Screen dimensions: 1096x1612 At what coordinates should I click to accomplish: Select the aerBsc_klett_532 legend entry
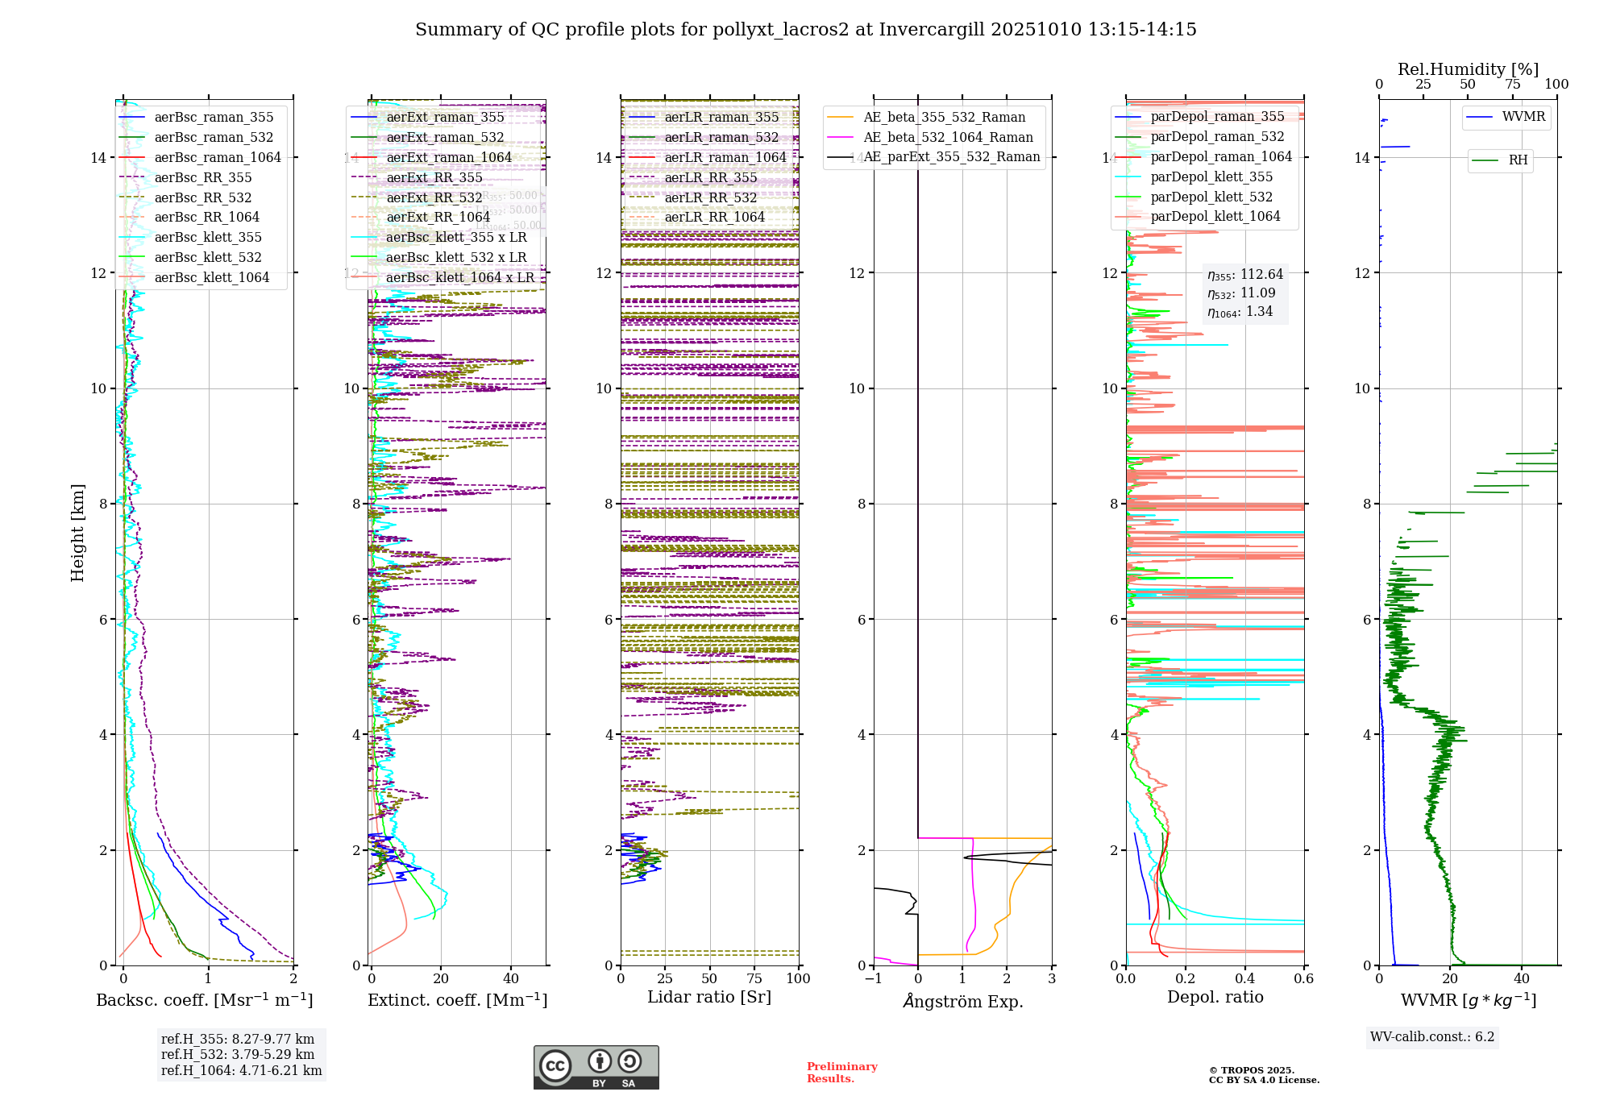point(208,257)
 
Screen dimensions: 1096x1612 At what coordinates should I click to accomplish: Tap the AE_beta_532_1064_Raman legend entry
point(948,137)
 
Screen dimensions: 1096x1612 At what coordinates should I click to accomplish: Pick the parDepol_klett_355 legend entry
point(1211,176)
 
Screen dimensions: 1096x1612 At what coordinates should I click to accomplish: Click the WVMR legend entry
point(1523,117)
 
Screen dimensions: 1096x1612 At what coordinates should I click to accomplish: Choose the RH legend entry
point(1518,160)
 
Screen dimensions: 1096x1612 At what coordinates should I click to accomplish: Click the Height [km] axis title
point(77,532)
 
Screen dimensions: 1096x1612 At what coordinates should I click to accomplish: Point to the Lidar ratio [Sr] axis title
point(709,997)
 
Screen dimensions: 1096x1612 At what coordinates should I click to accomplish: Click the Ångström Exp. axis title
point(963,1001)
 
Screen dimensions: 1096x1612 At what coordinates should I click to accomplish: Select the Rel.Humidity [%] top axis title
point(1468,69)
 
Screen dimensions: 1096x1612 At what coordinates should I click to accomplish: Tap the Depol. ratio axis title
point(1215,997)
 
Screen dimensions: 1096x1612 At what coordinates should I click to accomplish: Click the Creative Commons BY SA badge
point(596,1067)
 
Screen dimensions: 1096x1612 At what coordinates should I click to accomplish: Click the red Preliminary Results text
point(841,1072)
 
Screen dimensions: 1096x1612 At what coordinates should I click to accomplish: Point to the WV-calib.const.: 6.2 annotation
point(1432,1036)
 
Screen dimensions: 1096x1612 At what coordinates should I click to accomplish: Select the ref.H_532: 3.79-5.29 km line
point(238,1054)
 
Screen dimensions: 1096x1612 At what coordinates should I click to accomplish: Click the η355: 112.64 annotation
point(1245,275)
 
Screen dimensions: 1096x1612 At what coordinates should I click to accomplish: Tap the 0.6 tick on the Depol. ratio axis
point(1304,978)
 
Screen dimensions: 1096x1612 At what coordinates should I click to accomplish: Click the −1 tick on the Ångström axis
point(874,978)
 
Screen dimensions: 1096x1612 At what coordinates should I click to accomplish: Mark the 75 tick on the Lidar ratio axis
point(754,978)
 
